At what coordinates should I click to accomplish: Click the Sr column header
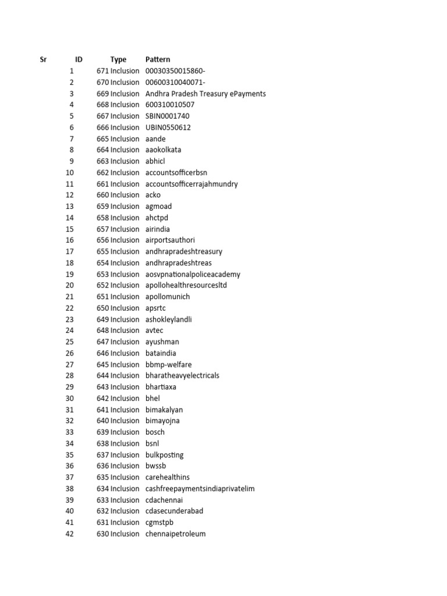pos(43,59)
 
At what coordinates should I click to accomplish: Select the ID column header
pos(79,59)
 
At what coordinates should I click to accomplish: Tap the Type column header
pos(118,59)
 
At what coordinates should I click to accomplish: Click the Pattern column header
pos(158,59)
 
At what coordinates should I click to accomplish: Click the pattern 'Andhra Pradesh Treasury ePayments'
pos(205,94)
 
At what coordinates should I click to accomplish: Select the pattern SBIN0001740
pos(167,116)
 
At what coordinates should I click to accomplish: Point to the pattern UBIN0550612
pos(168,127)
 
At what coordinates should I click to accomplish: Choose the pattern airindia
pos(158,229)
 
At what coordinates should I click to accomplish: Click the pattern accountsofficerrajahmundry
pos(191,184)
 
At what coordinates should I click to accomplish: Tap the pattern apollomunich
pos(168,296)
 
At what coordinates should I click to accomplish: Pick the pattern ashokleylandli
pos(169,319)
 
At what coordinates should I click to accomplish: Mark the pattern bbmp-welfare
pos(168,364)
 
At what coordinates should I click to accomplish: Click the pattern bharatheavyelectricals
pos(182,375)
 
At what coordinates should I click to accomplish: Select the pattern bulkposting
pos(164,455)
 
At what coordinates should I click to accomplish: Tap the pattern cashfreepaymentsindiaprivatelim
pos(200,488)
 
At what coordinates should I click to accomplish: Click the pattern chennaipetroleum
pos(175,534)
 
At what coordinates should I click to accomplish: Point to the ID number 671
pos(102,71)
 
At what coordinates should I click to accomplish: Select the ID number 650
pos(102,308)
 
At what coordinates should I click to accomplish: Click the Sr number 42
pos(70,534)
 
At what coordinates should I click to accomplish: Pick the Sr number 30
pos(70,398)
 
